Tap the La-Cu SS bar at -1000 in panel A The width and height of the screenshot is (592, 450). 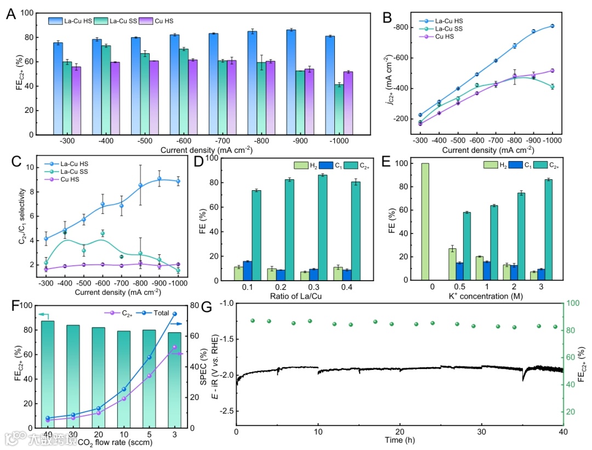point(339,110)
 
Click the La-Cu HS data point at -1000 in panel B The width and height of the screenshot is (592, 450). point(552,26)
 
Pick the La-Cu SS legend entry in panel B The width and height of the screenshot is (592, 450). point(435,29)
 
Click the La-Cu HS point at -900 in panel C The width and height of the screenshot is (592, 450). point(160,179)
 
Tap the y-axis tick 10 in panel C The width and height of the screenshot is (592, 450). point(34,167)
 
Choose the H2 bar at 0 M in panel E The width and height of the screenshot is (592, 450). point(425,221)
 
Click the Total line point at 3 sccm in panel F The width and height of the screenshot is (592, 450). point(175,314)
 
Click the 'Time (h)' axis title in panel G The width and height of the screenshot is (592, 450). point(400,440)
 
